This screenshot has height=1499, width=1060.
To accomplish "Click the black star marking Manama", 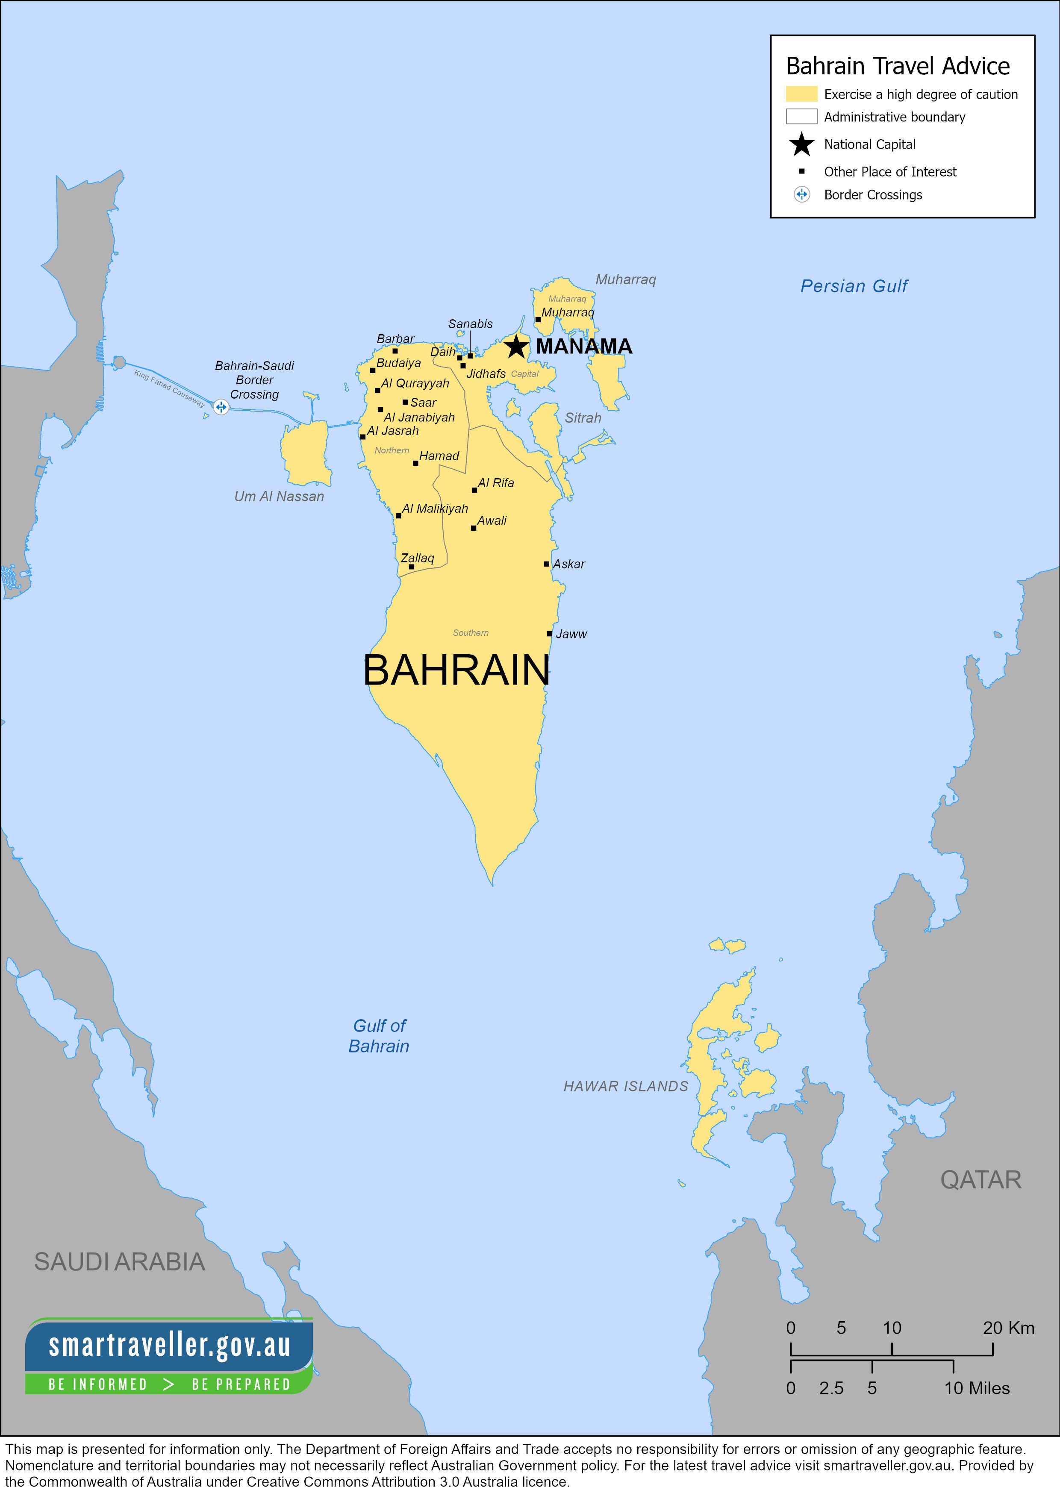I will click(x=516, y=346).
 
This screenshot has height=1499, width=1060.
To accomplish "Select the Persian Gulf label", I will click(x=854, y=286).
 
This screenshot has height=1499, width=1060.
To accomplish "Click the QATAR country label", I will click(x=980, y=1180).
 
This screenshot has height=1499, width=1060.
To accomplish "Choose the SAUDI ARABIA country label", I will click(x=120, y=1262).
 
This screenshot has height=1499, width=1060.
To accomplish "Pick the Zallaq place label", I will click(x=417, y=558).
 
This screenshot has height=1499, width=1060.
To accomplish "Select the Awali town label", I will click(x=492, y=520).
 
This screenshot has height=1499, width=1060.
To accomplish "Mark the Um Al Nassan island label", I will click(x=279, y=496).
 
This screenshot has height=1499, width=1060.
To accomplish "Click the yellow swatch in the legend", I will click(x=801, y=94).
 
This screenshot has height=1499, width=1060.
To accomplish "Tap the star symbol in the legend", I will click(x=801, y=144).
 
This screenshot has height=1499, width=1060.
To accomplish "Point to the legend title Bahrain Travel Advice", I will click(x=898, y=66).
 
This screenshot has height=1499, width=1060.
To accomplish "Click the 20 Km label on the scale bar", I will click(x=1008, y=1328).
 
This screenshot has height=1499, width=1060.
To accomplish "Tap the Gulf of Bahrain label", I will click(x=379, y=1036).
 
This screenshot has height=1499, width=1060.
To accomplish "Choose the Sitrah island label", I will click(x=583, y=418).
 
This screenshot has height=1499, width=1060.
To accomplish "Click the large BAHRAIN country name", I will click(x=456, y=670).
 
